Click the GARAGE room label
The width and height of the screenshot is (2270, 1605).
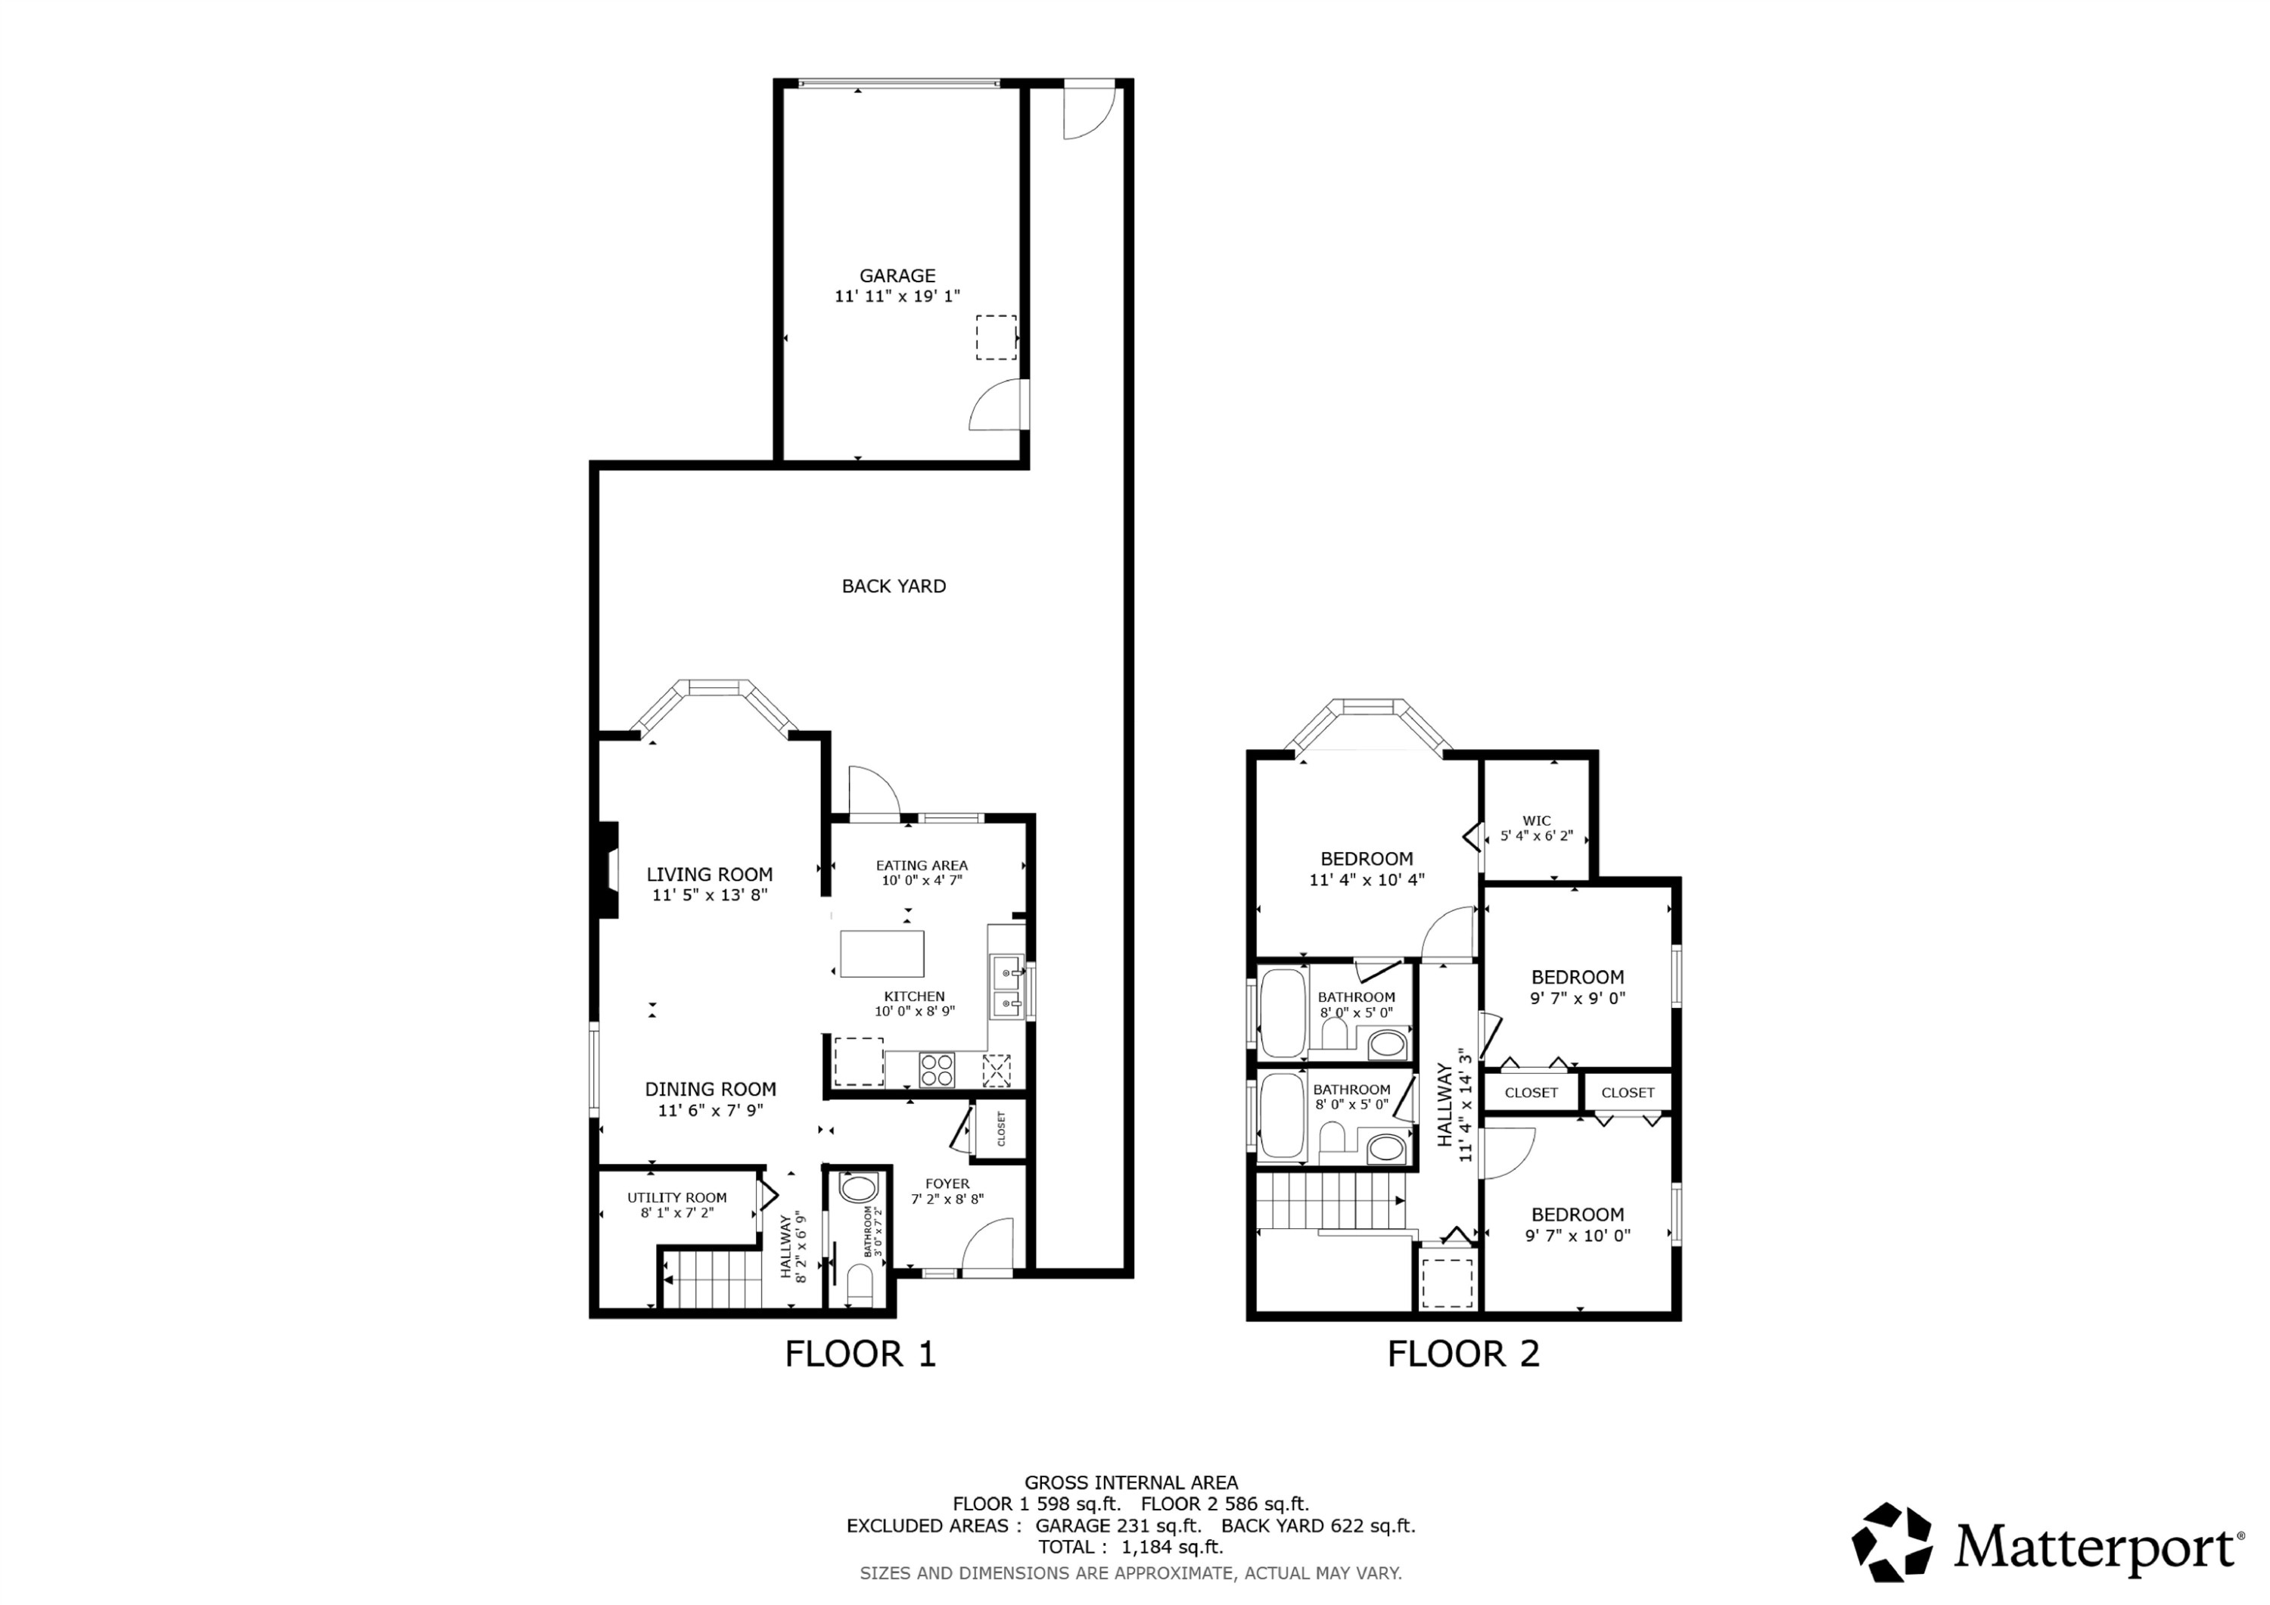tap(897, 276)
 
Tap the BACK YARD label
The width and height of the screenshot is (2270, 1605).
tap(893, 586)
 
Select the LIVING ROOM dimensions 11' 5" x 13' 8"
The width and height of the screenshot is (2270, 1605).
tap(709, 895)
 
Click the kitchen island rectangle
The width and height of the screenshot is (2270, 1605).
tap(882, 953)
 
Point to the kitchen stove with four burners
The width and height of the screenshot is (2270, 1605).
tap(938, 1069)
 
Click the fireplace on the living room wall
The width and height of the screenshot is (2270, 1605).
tap(607, 870)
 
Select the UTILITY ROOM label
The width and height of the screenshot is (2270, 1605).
tap(676, 1198)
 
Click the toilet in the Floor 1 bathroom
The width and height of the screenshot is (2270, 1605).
tap(859, 1286)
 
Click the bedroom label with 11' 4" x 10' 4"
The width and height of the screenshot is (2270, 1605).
tap(1367, 860)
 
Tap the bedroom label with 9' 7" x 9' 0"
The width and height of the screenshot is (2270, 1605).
tap(1577, 977)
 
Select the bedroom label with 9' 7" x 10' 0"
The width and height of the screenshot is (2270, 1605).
tap(1577, 1215)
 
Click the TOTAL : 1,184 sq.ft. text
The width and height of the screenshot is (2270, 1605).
tap(1130, 1547)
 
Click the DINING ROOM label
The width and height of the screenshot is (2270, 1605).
tap(710, 1089)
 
